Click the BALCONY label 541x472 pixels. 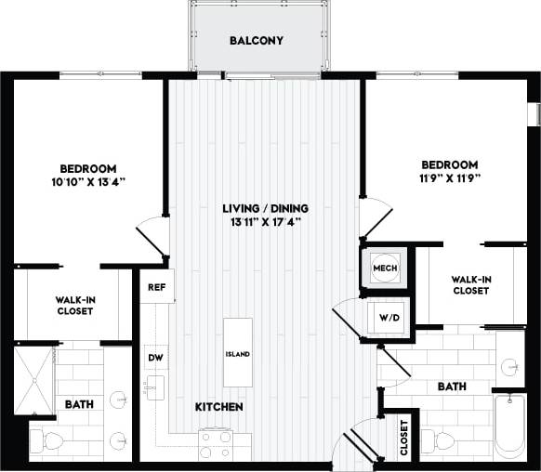(257, 41)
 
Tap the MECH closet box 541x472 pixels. (385, 269)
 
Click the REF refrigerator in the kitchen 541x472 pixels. (155, 287)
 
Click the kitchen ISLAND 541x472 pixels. (237, 354)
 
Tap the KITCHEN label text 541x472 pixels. (219, 407)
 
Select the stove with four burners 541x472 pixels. (215, 444)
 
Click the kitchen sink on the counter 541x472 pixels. (154, 386)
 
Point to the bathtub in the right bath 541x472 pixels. (510, 426)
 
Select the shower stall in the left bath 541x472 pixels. (34, 378)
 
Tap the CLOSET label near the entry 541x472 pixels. (403, 438)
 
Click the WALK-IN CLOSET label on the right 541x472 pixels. (470, 285)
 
